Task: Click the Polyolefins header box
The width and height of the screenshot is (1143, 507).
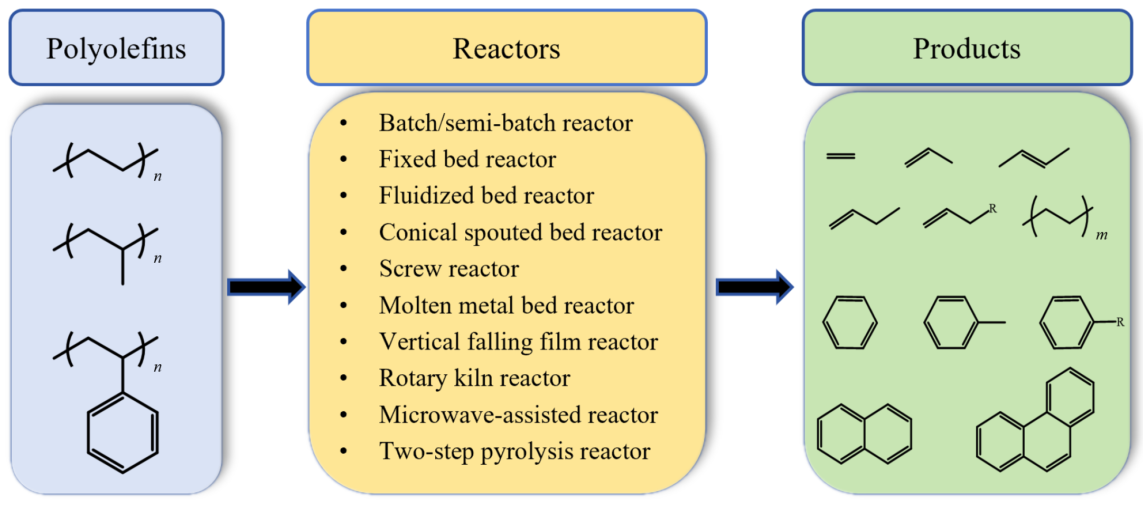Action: pyautogui.click(x=116, y=48)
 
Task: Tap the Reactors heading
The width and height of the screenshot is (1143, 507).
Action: pyautogui.click(x=506, y=48)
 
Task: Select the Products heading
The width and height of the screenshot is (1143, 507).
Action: pyautogui.click(x=967, y=48)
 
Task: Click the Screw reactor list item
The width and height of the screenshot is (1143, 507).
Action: pyautogui.click(x=449, y=269)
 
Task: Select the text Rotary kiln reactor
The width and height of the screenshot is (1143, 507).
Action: pyautogui.click(x=474, y=378)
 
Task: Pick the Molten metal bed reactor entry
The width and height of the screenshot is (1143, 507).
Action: pyautogui.click(x=506, y=305)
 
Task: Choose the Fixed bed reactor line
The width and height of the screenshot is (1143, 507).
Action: pyautogui.click(x=467, y=159)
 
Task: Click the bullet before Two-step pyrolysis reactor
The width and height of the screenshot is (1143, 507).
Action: pyautogui.click(x=344, y=451)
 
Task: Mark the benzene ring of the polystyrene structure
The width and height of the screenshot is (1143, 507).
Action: pyautogui.click(x=123, y=432)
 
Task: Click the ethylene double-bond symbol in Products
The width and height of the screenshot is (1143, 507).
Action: pyautogui.click(x=840, y=156)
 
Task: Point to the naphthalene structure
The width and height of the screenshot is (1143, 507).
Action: pyautogui.click(x=864, y=434)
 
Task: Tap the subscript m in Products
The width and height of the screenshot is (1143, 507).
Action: pyautogui.click(x=1101, y=235)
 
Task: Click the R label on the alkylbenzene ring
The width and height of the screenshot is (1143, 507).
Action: pyautogui.click(x=1120, y=322)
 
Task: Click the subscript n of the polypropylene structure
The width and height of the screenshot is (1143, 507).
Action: pyautogui.click(x=157, y=259)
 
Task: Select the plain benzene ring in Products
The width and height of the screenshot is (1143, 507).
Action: pyautogui.click(x=850, y=322)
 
